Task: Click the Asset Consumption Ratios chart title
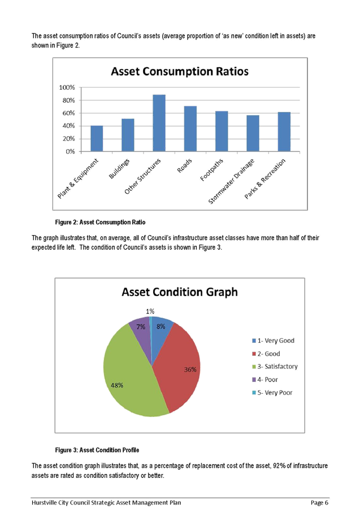point(180,72)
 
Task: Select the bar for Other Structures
point(159,123)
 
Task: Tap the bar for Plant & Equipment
point(97,138)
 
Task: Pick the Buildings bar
point(128,134)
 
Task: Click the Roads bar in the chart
point(190,128)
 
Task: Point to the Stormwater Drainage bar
point(253,133)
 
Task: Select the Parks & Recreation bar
point(284,131)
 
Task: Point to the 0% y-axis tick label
point(70,151)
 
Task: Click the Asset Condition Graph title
point(180,292)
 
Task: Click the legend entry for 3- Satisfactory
point(274,367)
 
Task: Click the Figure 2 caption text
point(101,222)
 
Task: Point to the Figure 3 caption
point(97,450)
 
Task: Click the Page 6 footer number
point(319,502)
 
